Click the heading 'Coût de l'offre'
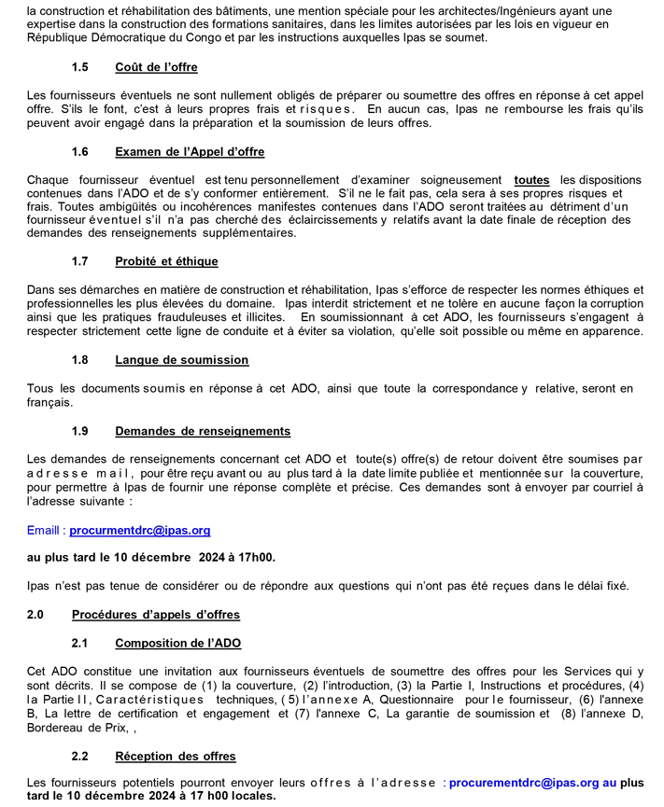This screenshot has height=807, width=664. point(156,67)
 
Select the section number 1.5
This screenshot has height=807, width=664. point(80,67)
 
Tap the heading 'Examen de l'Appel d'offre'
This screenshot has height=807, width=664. point(190,152)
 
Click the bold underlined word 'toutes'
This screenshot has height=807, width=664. point(532,179)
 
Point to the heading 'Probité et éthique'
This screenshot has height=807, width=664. point(166,262)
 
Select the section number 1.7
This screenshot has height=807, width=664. point(80,262)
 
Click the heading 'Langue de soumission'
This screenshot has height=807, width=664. point(181,360)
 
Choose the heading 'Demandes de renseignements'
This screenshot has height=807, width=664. point(203,431)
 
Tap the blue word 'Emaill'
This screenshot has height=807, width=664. point(46,530)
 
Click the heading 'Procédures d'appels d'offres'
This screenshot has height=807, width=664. point(155,615)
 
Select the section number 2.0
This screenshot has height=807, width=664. point(36,615)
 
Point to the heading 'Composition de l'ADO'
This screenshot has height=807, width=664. point(177,643)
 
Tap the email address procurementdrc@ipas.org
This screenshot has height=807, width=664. point(525,783)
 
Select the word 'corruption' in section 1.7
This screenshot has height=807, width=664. point(613,304)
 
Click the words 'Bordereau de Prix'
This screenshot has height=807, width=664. point(78,727)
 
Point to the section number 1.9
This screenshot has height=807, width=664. point(80,431)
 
